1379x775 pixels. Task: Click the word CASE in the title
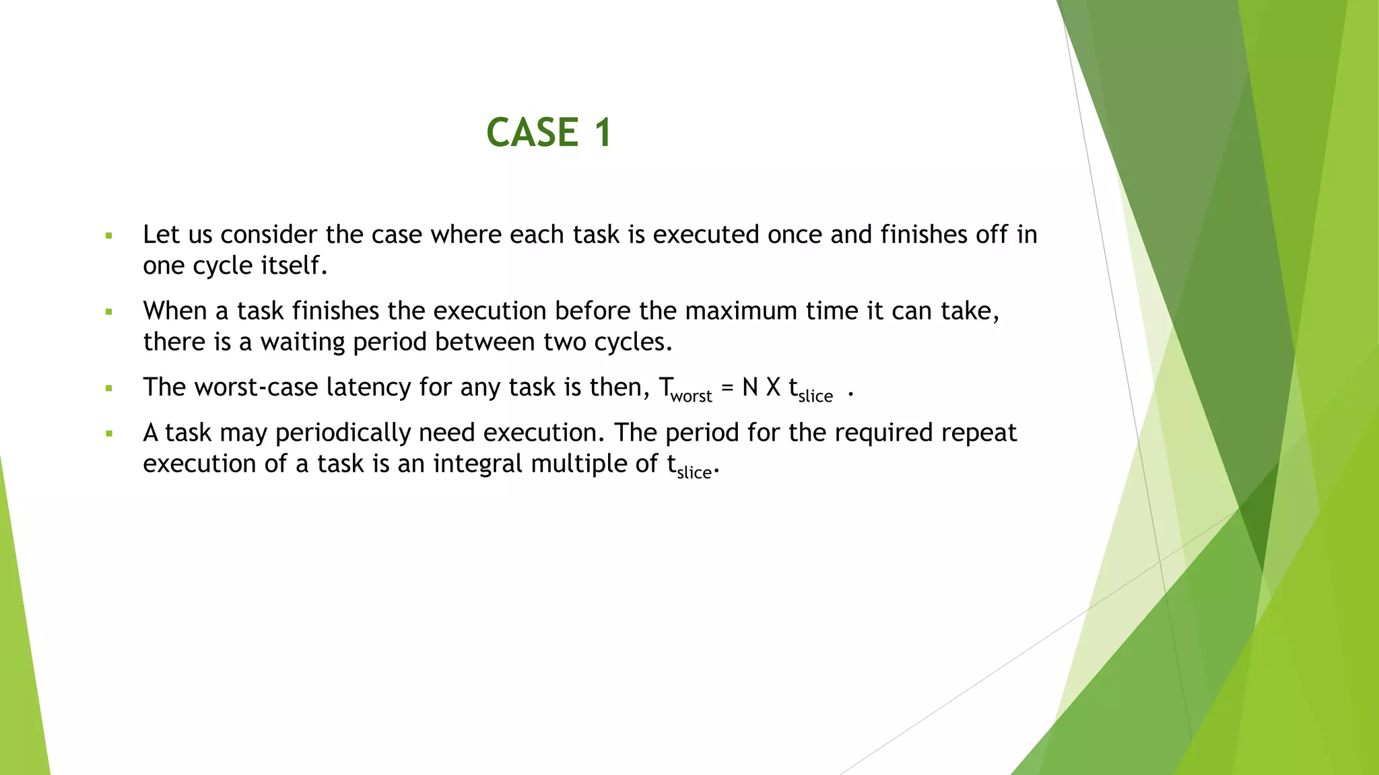[532, 132]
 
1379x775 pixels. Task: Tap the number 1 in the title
[603, 132]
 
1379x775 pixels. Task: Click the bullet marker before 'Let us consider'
[108, 236]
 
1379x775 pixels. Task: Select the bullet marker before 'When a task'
[108, 312]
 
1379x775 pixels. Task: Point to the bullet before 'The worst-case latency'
[108, 388]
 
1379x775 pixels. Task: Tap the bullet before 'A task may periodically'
[108, 434]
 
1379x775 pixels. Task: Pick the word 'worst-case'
[255, 387]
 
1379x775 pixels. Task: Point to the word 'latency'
[368, 387]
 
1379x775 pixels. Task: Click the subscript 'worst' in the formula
[691, 396]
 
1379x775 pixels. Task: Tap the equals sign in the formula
[727, 387]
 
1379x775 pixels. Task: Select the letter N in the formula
[750, 387]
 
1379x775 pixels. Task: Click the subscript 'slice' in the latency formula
[815, 396]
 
